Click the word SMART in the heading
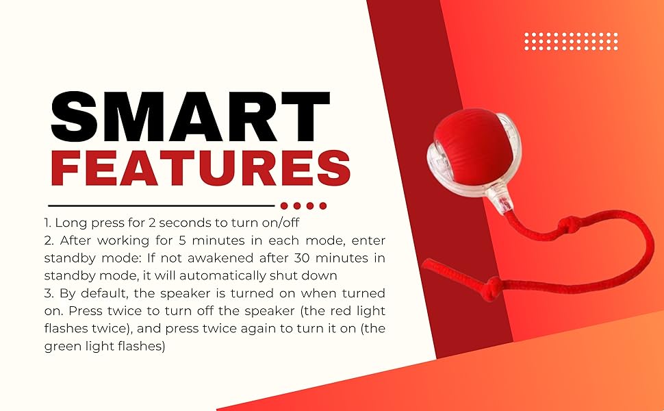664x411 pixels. point(190,116)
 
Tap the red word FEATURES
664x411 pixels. point(201,169)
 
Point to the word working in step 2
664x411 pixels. point(123,240)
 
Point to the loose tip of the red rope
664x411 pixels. point(424,263)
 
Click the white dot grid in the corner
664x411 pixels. point(571,41)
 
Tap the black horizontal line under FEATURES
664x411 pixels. point(162,206)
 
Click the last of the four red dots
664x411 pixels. point(323,206)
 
